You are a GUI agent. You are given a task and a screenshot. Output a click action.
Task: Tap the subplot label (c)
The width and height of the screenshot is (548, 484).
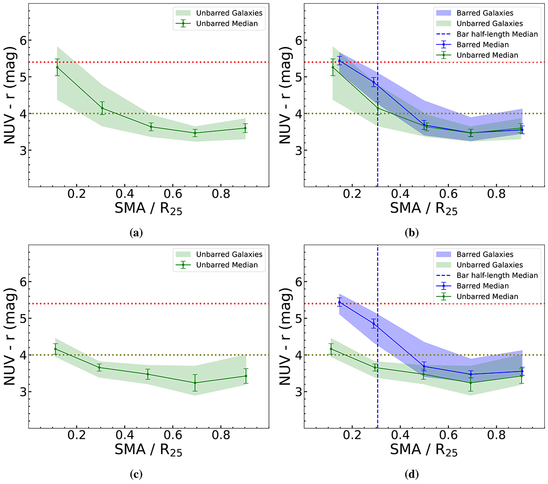136,475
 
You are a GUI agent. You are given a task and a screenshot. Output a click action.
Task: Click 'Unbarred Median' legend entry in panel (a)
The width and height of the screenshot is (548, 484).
227,24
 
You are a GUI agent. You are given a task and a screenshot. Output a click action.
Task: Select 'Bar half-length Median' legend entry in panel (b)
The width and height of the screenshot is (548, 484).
497,34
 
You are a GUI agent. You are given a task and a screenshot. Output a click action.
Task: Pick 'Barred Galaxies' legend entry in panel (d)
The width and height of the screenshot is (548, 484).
485,254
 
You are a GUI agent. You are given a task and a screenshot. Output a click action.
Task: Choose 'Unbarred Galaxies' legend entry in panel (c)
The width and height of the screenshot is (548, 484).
229,254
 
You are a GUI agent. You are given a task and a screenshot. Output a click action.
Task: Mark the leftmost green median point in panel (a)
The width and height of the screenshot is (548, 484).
57,67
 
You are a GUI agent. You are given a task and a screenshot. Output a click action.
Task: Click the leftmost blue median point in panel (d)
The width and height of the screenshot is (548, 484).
339,302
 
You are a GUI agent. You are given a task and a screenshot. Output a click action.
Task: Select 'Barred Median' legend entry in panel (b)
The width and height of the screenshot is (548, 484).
482,45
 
